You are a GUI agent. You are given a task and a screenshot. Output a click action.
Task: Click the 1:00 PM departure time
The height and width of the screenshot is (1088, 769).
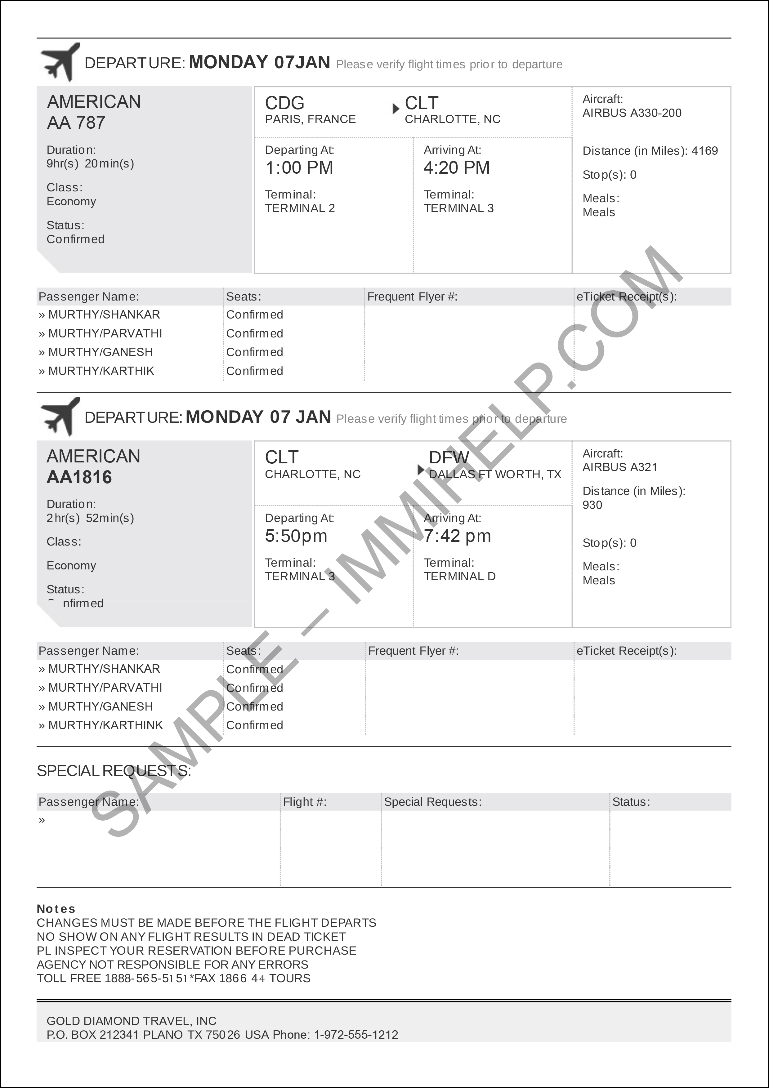pos(299,168)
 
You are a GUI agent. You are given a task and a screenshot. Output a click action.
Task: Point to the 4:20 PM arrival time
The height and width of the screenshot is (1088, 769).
pos(456,168)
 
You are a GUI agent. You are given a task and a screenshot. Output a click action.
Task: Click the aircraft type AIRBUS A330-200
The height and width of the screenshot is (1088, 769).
pos(632,113)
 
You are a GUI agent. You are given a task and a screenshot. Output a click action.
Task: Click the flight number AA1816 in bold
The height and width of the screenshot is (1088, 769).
pos(79,477)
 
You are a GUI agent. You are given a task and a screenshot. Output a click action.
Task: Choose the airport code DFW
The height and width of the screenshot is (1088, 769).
pos(449,457)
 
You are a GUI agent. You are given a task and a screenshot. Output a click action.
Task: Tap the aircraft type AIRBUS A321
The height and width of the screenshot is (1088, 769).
pos(620,467)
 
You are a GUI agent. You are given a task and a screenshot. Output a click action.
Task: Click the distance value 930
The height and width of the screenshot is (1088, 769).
pos(592,505)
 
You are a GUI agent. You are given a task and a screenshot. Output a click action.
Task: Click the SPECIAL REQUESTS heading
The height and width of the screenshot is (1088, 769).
pos(114,771)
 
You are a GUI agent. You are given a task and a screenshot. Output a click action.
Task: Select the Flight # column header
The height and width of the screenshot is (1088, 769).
pos(304,802)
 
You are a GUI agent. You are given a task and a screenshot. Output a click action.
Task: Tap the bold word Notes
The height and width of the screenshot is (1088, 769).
pos(56,909)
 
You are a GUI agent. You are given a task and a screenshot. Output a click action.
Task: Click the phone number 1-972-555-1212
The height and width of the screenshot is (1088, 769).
pos(356,1034)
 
